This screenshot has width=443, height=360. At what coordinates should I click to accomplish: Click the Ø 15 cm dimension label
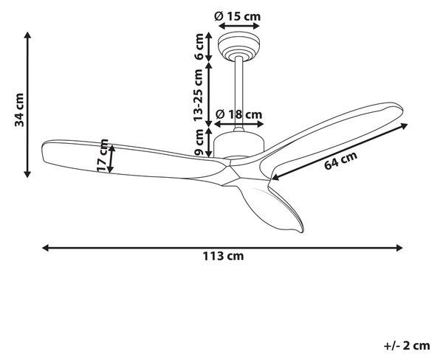[x=237, y=16]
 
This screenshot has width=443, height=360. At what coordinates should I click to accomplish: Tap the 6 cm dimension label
[x=199, y=46]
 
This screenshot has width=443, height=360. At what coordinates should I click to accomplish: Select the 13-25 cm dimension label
[x=199, y=95]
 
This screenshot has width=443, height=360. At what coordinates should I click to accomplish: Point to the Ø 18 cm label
[x=238, y=114]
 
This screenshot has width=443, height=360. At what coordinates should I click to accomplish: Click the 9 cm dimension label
[x=199, y=142]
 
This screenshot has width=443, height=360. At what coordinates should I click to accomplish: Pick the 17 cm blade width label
[x=103, y=156]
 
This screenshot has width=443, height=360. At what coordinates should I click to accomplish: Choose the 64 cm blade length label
[x=340, y=160]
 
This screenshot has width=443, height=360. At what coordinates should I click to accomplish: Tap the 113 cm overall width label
[x=223, y=256]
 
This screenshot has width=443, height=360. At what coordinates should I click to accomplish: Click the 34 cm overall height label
[x=19, y=110]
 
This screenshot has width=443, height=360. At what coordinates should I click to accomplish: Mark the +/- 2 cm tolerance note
[x=407, y=345]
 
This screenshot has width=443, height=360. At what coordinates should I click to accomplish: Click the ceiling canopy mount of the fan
[x=238, y=46]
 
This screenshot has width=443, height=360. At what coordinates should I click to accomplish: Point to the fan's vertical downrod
[x=239, y=93]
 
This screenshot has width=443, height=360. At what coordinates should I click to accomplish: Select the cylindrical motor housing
[x=238, y=145]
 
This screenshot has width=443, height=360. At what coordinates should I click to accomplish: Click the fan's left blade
[x=133, y=159]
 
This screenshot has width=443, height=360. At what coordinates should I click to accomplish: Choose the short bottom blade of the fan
[x=271, y=204]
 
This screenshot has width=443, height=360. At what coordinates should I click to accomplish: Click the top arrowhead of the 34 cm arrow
[x=27, y=35]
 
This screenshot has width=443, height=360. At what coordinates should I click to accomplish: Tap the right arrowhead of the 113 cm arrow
[x=399, y=248]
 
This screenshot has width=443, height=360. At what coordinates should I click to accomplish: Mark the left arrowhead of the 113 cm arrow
[x=46, y=248]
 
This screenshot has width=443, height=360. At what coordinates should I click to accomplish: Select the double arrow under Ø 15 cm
[x=239, y=26]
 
